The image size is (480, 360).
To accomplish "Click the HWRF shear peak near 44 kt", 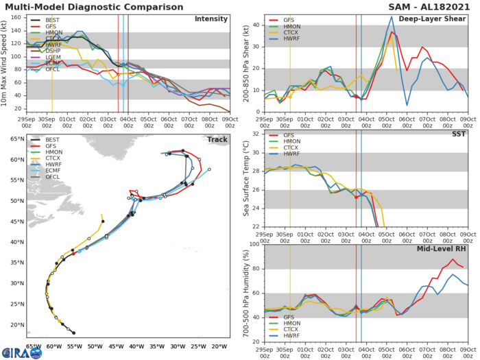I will (392, 17).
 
